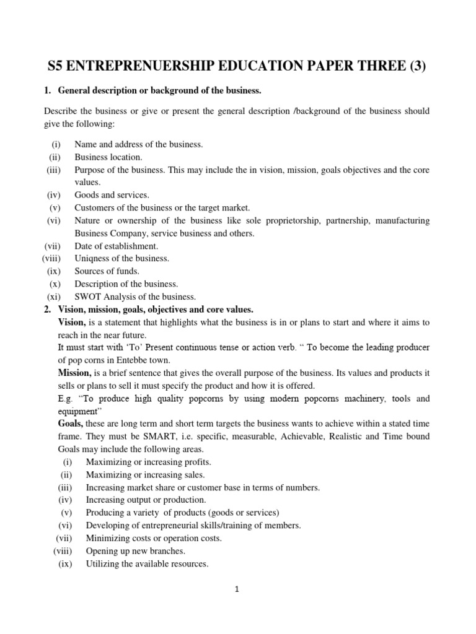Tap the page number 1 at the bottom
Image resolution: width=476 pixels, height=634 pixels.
click(237, 589)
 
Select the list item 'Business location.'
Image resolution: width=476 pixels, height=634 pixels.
click(108, 157)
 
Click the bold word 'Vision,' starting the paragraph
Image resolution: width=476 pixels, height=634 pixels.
click(73, 322)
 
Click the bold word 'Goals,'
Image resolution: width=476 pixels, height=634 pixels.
click(71, 424)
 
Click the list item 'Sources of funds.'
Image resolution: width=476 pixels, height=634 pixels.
click(107, 271)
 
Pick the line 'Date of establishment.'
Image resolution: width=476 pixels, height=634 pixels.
click(117, 246)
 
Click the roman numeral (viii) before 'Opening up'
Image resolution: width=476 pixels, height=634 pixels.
click(63, 550)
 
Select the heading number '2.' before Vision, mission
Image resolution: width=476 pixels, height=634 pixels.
click(48, 309)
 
